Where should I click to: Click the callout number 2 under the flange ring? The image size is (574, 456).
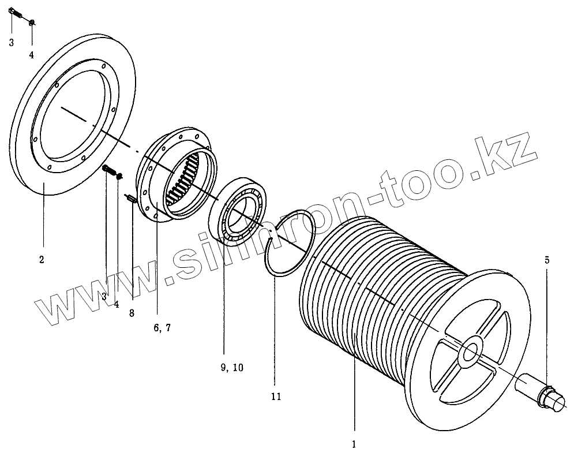42,260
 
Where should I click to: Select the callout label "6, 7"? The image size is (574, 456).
162,327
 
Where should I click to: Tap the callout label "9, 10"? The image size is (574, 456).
231,368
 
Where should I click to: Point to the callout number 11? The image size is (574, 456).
275,397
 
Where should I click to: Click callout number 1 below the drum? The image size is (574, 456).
354,444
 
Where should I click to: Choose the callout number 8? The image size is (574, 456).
132,313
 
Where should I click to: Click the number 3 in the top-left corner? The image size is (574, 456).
12,42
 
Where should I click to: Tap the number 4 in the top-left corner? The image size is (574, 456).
32,55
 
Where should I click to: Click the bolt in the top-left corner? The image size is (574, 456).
16,15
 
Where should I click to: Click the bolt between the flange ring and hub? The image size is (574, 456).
108,170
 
